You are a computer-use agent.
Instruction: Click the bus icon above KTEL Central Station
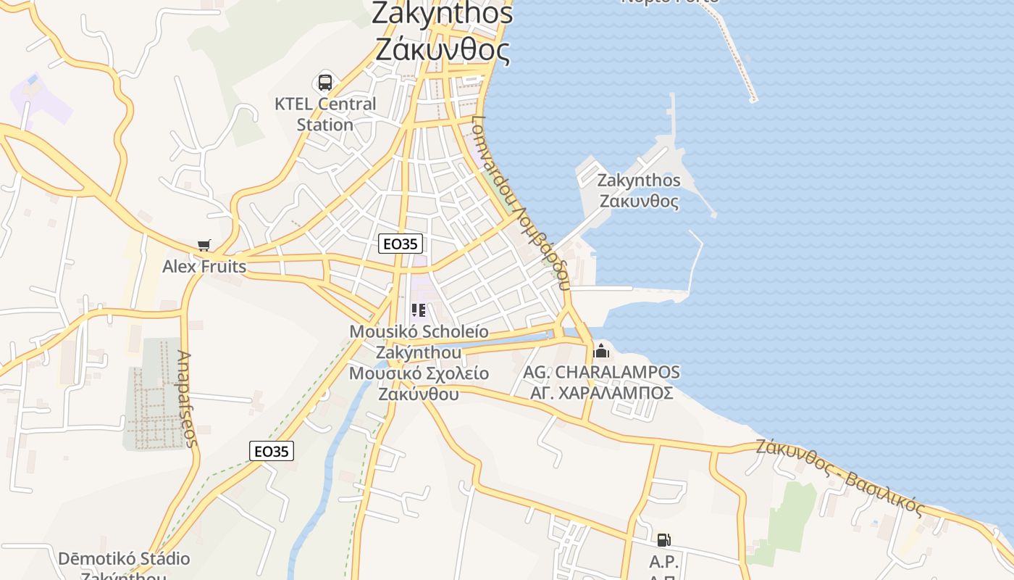(x=325, y=83)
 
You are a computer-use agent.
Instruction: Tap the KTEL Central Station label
(x=325, y=114)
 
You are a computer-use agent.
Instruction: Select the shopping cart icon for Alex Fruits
(x=204, y=246)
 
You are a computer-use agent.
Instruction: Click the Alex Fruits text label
(x=204, y=267)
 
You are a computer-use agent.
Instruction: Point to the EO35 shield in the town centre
(x=400, y=244)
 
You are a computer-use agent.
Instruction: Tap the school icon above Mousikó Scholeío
(x=419, y=311)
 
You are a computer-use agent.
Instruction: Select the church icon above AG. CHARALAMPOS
(x=601, y=352)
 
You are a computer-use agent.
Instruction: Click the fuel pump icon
(x=663, y=540)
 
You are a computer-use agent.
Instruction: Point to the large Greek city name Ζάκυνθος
(x=443, y=50)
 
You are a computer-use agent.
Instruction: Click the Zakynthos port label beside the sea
(x=640, y=191)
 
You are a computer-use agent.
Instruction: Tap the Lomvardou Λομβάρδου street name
(x=520, y=203)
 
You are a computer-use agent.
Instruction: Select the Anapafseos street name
(x=187, y=399)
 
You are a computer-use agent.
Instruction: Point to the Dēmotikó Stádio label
(x=124, y=560)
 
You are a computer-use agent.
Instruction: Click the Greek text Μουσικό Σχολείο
(x=419, y=374)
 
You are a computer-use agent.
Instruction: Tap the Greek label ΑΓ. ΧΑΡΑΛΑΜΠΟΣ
(x=602, y=393)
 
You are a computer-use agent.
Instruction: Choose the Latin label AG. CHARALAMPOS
(x=602, y=373)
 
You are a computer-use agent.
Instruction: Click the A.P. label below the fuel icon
(x=663, y=562)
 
